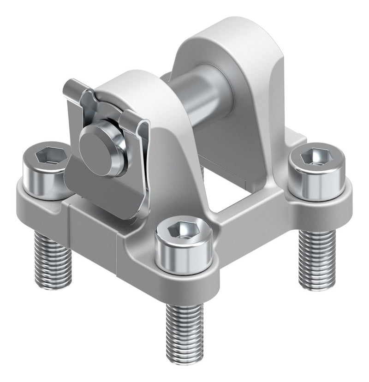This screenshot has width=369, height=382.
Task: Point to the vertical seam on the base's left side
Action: (x=70, y=217)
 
